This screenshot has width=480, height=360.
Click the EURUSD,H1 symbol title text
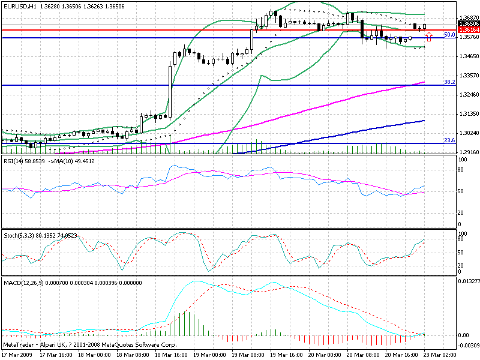[x=19, y=5]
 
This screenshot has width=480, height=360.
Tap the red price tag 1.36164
[x=468, y=29]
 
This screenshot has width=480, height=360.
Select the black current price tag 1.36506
[x=468, y=23]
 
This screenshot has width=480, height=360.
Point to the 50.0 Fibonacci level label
[x=448, y=35]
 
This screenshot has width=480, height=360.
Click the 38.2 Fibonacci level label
[x=448, y=82]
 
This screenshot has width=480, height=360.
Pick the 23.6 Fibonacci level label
[x=448, y=140]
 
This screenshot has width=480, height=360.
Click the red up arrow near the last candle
[x=428, y=36]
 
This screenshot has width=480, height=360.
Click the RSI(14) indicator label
[x=13, y=161]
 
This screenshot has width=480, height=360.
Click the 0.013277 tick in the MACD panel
[x=468, y=280]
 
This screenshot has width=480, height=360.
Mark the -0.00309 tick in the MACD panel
[x=468, y=345]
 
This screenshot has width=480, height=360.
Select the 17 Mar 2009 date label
[x=17, y=355]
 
